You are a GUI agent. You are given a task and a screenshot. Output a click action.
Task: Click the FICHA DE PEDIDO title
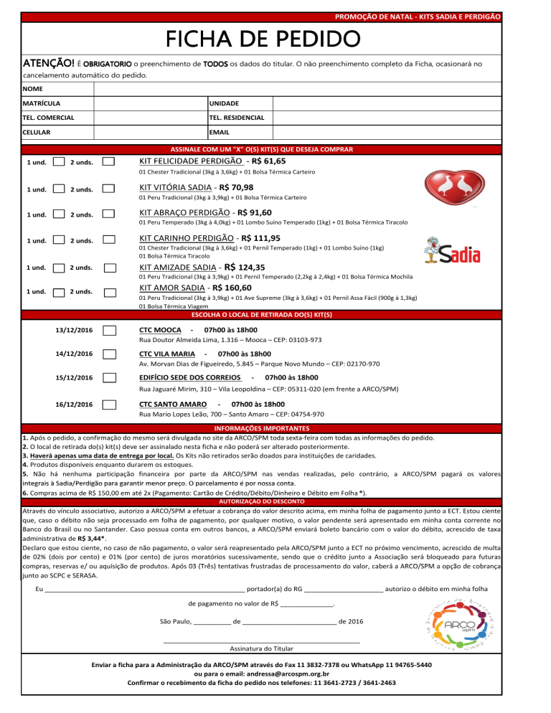pyautogui.click(x=275, y=37)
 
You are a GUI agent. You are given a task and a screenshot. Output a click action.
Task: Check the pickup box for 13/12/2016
pyautogui.click(x=110, y=330)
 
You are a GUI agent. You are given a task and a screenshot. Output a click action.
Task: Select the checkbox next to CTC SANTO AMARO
pyautogui.click(x=110, y=404)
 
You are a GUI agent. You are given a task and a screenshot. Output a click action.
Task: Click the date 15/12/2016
pyautogui.click(x=74, y=377)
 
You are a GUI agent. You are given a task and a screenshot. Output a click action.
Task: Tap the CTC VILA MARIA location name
pyautogui.click(x=166, y=354)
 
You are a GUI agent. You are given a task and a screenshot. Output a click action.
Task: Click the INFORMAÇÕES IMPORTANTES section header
pyautogui.click(x=275, y=428)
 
